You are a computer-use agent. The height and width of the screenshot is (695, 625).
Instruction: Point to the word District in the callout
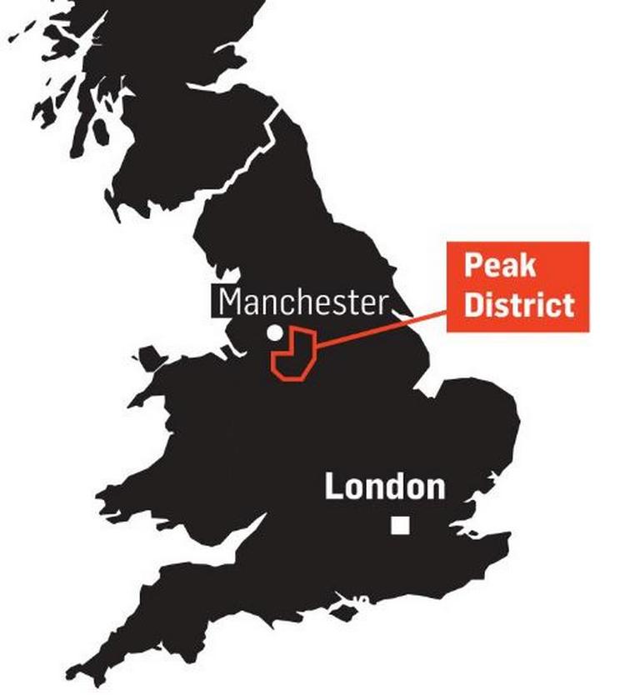click(518, 304)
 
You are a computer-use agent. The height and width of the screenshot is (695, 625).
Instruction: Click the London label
click(384, 486)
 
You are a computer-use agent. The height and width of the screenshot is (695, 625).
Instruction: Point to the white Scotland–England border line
click(237, 167)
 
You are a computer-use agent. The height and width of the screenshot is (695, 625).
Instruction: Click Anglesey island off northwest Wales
click(150, 361)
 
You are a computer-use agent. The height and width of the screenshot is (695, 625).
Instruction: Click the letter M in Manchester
click(231, 302)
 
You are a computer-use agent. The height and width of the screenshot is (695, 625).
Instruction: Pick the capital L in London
click(332, 486)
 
